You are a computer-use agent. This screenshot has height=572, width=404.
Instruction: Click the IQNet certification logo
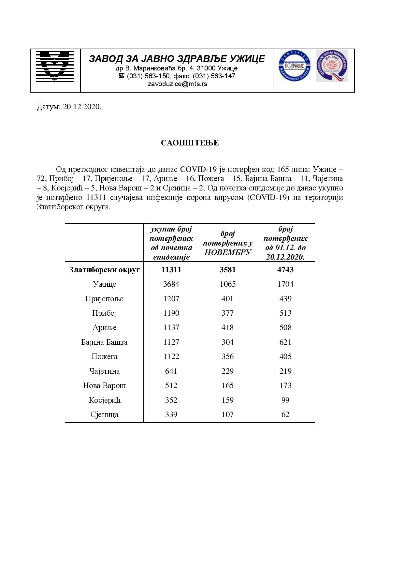pyautogui.click(x=294, y=66)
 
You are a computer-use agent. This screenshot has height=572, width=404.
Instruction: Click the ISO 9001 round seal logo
pyautogui.click(x=332, y=66)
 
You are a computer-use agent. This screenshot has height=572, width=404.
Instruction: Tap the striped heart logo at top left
pyautogui.click(x=55, y=66)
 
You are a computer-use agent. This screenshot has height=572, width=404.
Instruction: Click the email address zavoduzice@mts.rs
pyautogui.click(x=177, y=84)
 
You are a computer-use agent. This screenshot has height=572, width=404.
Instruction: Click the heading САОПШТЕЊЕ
pyautogui.click(x=190, y=143)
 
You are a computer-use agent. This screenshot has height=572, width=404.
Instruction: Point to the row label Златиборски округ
pyautogui.click(x=105, y=270)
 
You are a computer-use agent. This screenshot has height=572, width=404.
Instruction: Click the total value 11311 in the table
pyautogui.click(x=171, y=270)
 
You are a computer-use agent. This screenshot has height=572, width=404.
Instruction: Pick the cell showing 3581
pyautogui.click(x=227, y=270)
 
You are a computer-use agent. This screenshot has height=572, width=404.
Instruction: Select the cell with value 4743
pyautogui.click(x=285, y=270)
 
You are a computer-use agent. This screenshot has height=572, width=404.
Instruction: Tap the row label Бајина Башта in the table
pyautogui.click(x=105, y=342)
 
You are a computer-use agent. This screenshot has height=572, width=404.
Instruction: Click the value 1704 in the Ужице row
pyautogui.click(x=285, y=284)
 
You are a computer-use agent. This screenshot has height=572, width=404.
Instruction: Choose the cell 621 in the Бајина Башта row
pyautogui.click(x=285, y=342)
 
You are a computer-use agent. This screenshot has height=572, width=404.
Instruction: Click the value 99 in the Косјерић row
pyautogui.click(x=285, y=400)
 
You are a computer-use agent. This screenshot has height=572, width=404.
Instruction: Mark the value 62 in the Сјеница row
pyautogui.click(x=285, y=414)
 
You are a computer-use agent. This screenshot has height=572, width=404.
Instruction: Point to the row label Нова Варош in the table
pyautogui.click(x=105, y=385)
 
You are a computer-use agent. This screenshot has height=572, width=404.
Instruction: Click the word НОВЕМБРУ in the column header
pyautogui.click(x=227, y=252)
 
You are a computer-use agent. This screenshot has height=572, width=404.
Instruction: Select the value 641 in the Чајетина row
pyautogui.click(x=171, y=371)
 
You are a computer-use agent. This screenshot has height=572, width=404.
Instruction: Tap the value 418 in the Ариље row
pyautogui.click(x=227, y=327)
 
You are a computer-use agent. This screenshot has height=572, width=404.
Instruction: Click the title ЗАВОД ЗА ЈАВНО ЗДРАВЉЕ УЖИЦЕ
pyautogui.click(x=177, y=59)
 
